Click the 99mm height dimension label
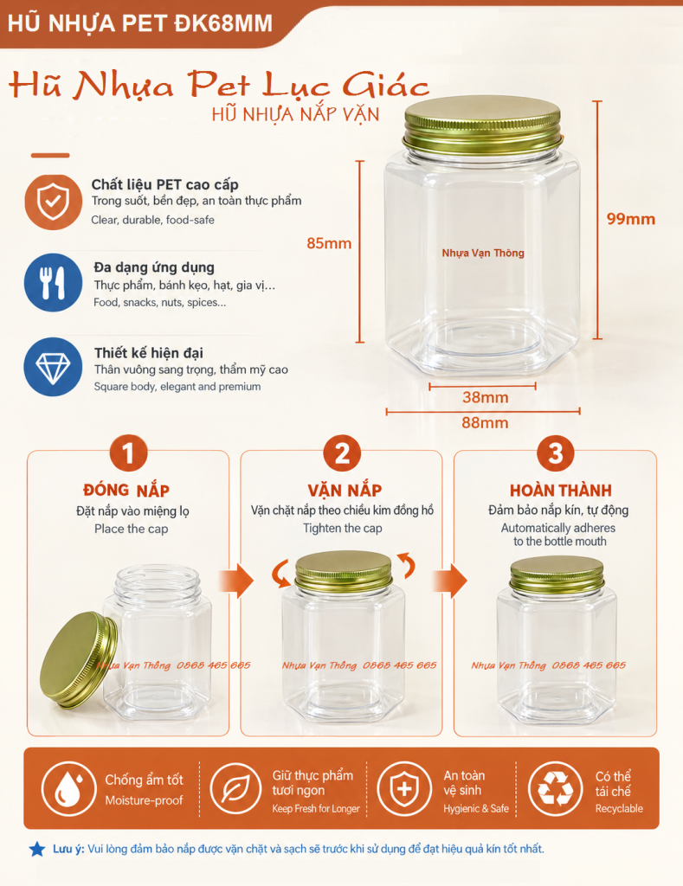pyautogui.click(x=630, y=219)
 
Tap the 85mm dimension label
pyautogui.click(x=329, y=243)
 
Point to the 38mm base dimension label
pyautogui.click(x=485, y=397)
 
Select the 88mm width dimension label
pyautogui.click(x=485, y=422)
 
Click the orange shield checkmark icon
pyautogui.click(x=53, y=202)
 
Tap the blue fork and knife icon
pyautogui.click(x=53, y=283)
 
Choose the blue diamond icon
pyautogui.click(x=53, y=367)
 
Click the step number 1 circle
pyautogui.click(x=128, y=453)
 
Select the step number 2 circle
pyautogui.click(x=342, y=453)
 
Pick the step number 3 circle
pyautogui.click(x=555, y=453)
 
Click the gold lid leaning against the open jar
pyautogui.click(x=78, y=660)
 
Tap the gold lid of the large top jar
pyautogui.click(x=483, y=125)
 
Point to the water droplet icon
pyautogui.click(x=68, y=789)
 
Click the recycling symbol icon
pyautogui.click(x=555, y=789)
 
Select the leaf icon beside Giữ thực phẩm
pyautogui.click(x=236, y=789)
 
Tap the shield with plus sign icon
pyautogui.click(x=404, y=789)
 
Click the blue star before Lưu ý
pyautogui.click(x=37, y=849)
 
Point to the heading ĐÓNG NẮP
pyautogui.click(x=126, y=490)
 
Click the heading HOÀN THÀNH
pyautogui.click(x=561, y=490)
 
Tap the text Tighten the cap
pyautogui.click(x=343, y=529)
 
